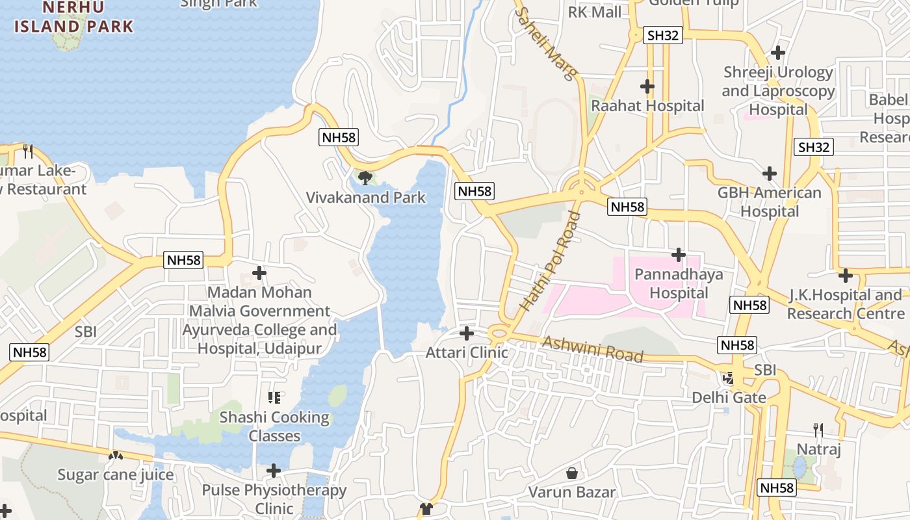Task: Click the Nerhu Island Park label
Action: click(x=73, y=18)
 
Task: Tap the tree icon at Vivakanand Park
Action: click(x=365, y=177)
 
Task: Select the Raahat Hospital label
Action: click(x=647, y=105)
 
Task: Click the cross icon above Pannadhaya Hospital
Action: click(x=679, y=255)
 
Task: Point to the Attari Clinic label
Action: click(x=466, y=353)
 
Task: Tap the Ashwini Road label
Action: click(x=592, y=349)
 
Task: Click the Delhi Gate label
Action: click(x=729, y=397)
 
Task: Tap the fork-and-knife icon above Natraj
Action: click(x=818, y=430)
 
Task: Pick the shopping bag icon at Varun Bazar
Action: click(x=572, y=473)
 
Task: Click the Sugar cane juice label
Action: click(x=116, y=475)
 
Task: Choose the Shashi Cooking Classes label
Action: click(x=274, y=426)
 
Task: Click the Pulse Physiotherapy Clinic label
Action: click(x=274, y=499)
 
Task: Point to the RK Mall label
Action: click(x=594, y=12)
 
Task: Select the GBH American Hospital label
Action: click(x=770, y=202)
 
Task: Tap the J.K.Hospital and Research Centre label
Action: click(x=844, y=304)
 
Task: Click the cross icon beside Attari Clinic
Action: click(x=466, y=333)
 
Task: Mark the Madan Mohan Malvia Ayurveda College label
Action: click(x=259, y=320)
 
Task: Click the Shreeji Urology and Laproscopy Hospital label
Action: click(x=778, y=91)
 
